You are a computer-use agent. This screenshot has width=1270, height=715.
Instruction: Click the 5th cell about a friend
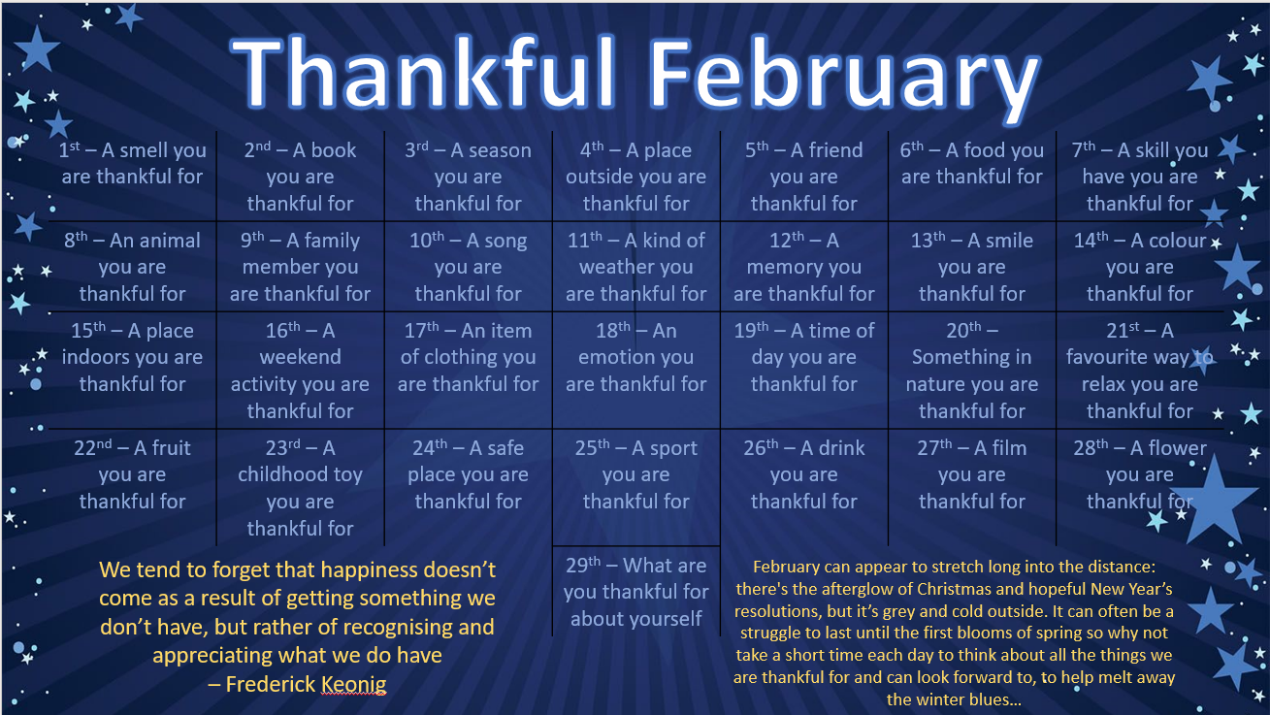[804, 177]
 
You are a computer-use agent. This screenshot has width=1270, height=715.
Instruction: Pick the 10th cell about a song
[469, 267]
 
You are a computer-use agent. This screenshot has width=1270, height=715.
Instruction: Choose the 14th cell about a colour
[1140, 267]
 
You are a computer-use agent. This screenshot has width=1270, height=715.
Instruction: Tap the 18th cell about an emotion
[636, 357]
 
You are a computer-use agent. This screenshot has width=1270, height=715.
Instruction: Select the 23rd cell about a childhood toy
[300, 488]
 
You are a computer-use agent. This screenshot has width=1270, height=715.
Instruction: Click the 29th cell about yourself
[636, 592]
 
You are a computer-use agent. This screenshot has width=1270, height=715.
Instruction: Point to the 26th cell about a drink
[804, 474]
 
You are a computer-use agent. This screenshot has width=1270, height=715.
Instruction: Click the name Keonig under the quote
[354, 684]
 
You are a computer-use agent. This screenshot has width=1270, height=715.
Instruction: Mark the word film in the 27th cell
[1008, 448]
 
